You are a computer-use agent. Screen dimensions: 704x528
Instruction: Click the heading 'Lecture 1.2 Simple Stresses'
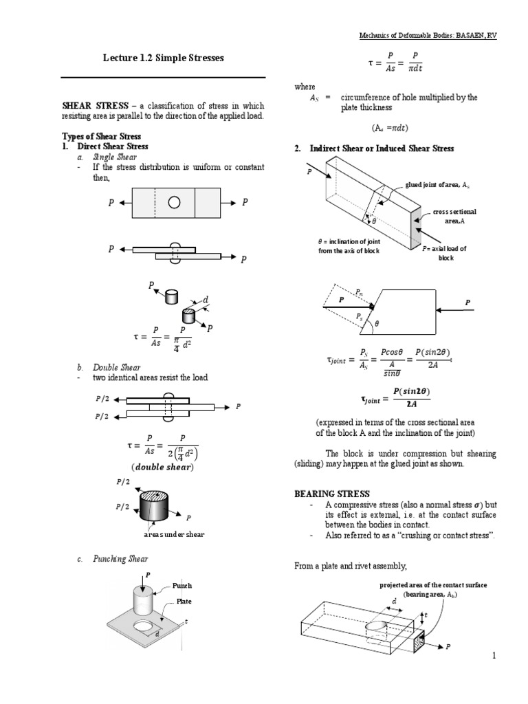[x=164, y=58]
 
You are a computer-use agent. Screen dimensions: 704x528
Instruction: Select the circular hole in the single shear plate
[x=174, y=203]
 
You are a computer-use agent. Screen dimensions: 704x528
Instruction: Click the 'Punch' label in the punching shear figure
[x=182, y=586]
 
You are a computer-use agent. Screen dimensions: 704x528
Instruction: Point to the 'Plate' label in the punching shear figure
[x=184, y=601]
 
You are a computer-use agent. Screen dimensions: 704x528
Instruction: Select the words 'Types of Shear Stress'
[x=100, y=136]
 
